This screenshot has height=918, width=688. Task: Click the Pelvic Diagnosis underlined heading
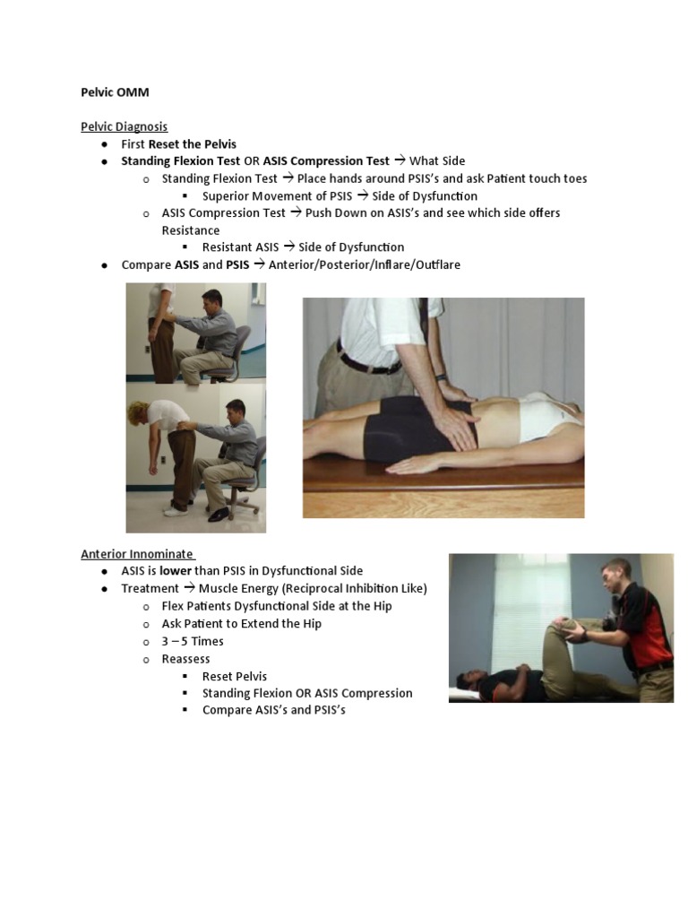point(125,126)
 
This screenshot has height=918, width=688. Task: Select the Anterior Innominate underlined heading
point(138,553)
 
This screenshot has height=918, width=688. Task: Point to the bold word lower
point(176,571)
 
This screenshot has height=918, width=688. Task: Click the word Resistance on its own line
point(191,230)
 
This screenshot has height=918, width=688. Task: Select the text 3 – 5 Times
point(193,641)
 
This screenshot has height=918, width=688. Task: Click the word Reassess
point(186,659)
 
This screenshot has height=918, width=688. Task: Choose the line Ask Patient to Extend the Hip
point(242,624)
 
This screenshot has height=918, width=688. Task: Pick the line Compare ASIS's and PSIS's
point(273,710)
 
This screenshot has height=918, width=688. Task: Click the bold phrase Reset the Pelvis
point(193,143)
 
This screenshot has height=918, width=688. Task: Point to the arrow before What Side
point(400,161)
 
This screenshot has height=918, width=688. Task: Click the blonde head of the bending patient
point(143,413)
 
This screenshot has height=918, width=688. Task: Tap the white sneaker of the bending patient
point(176,511)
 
